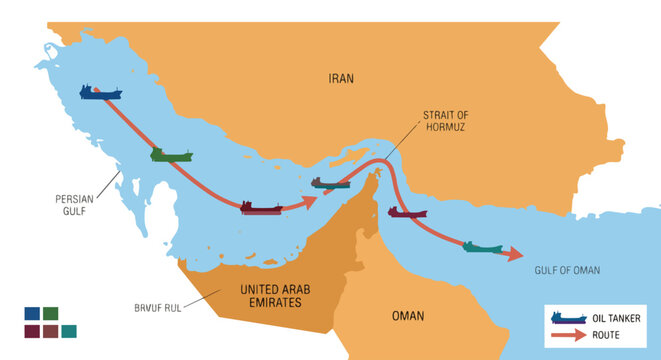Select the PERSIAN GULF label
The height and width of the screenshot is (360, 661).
(74, 205)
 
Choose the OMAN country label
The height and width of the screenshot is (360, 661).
(407, 316)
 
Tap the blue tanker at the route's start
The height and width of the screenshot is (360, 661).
(101, 92)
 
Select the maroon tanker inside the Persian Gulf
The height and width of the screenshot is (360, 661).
(261, 207)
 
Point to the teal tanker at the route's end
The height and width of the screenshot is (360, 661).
(483, 246)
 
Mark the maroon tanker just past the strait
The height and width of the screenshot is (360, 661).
(407, 212)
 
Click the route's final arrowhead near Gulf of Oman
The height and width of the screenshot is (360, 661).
(513, 254)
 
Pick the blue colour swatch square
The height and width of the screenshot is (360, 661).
(33, 313)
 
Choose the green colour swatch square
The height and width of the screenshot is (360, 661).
(50, 313)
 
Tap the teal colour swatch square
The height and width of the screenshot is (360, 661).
(68, 331)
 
